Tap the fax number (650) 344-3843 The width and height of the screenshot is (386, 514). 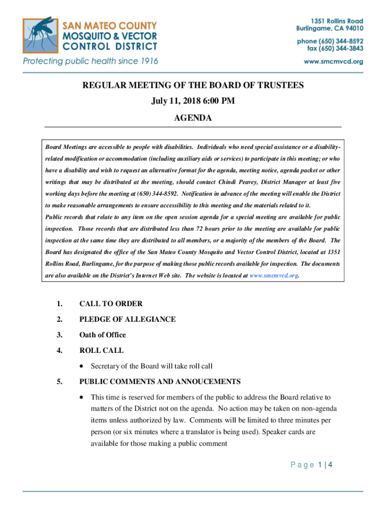click(342, 48)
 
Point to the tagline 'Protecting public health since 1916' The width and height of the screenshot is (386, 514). click(90, 61)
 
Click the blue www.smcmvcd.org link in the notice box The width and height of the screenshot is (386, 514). click(274, 276)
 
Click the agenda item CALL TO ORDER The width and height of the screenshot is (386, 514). click(111, 304)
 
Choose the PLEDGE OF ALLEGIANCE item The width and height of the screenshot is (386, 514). click(127, 319)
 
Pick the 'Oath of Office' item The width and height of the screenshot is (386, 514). click(102, 335)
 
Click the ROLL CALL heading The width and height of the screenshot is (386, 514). click(101, 350)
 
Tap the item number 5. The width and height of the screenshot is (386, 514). click(59, 381)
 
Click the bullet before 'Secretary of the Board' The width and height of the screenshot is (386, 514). click(82, 366)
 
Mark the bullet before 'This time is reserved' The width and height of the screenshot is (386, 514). click(82, 397)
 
